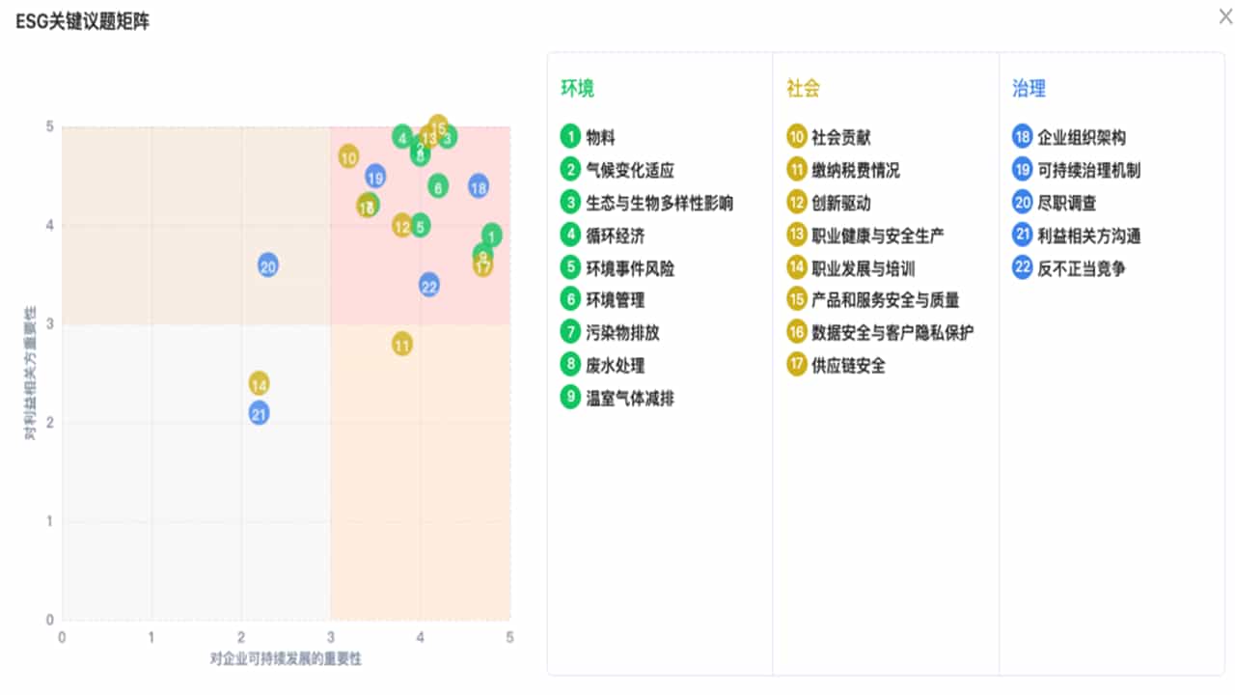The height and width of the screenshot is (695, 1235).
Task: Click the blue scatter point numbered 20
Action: pyautogui.click(x=268, y=265)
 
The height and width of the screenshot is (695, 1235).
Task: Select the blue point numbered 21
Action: pyautogui.click(x=259, y=413)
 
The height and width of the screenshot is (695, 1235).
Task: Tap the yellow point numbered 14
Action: pyautogui.click(x=259, y=383)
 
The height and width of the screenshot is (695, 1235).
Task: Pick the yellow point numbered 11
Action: pyautogui.click(x=402, y=344)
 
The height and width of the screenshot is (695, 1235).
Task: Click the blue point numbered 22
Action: pyautogui.click(x=429, y=285)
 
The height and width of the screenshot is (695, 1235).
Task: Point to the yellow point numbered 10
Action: pyautogui.click(x=348, y=156)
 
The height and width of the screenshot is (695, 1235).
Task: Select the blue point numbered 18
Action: pyautogui.click(x=479, y=186)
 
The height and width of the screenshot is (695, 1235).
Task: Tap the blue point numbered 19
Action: pyautogui.click(x=375, y=177)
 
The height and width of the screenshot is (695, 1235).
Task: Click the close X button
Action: pyautogui.click(x=1225, y=16)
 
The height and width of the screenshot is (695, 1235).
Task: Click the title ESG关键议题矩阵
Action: pyautogui.click(x=83, y=22)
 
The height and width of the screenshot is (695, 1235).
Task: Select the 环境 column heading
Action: pyautogui.click(x=577, y=89)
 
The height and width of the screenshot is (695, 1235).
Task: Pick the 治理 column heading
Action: pyautogui.click(x=1029, y=89)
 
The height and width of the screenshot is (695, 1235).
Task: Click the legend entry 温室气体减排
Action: pyautogui.click(x=630, y=398)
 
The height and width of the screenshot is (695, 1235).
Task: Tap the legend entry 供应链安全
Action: pyautogui.click(x=848, y=365)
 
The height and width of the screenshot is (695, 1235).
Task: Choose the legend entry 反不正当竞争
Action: pyautogui.click(x=1081, y=268)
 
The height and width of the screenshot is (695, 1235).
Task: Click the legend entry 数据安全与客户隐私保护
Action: pyautogui.click(x=892, y=332)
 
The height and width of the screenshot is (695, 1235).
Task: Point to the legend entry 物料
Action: pyautogui.click(x=600, y=137)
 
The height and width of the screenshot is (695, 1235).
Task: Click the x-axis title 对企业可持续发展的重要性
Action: pyautogui.click(x=286, y=658)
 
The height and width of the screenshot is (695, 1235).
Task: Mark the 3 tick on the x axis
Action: pyautogui.click(x=331, y=636)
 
